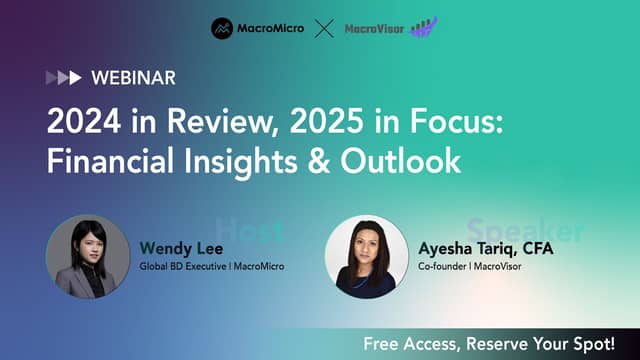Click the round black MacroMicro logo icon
(x=222, y=29)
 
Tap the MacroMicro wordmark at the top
(x=271, y=29)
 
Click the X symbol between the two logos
(x=324, y=29)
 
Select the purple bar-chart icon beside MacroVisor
(x=424, y=27)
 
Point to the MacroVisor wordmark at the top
(x=374, y=29)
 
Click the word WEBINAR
(x=133, y=78)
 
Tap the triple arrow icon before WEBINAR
(x=64, y=78)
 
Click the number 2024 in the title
(x=84, y=121)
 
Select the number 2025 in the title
(x=327, y=121)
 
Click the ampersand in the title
(x=318, y=160)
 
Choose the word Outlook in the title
(x=401, y=160)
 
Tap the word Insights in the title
(x=241, y=162)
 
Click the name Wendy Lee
(x=181, y=249)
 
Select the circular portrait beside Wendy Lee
(x=88, y=257)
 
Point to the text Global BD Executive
(x=183, y=267)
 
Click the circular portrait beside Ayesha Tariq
(x=367, y=257)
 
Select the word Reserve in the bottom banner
(x=496, y=344)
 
